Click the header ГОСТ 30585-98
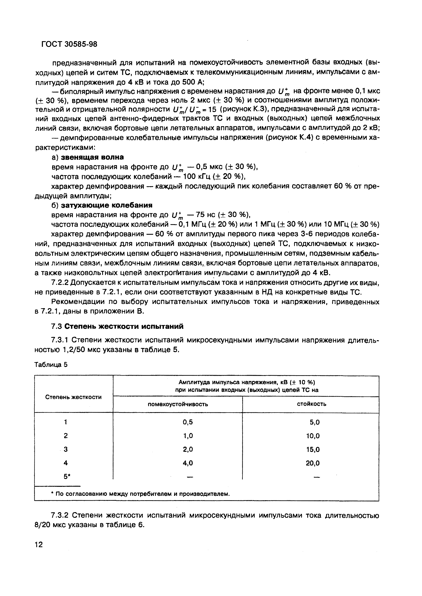click(x=69, y=44)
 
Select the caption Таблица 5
click(x=51, y=365)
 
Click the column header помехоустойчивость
click(x=178, y=404)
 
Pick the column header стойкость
click(x=312, y=404)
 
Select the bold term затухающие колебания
click(x=106, y=205)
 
